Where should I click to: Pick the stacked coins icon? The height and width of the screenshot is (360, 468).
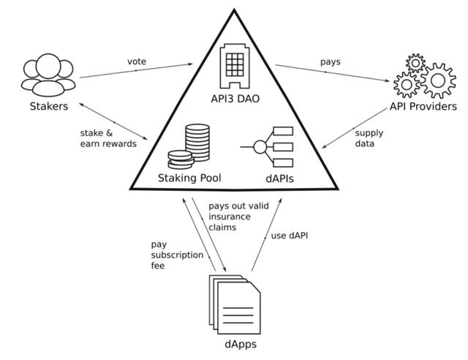189,147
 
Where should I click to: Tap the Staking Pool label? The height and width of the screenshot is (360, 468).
189,178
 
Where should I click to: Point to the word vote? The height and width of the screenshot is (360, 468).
137,61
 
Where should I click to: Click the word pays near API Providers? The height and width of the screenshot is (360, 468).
331,61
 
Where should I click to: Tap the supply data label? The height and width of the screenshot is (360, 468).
369,138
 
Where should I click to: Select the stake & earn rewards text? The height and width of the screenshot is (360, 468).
108,138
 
